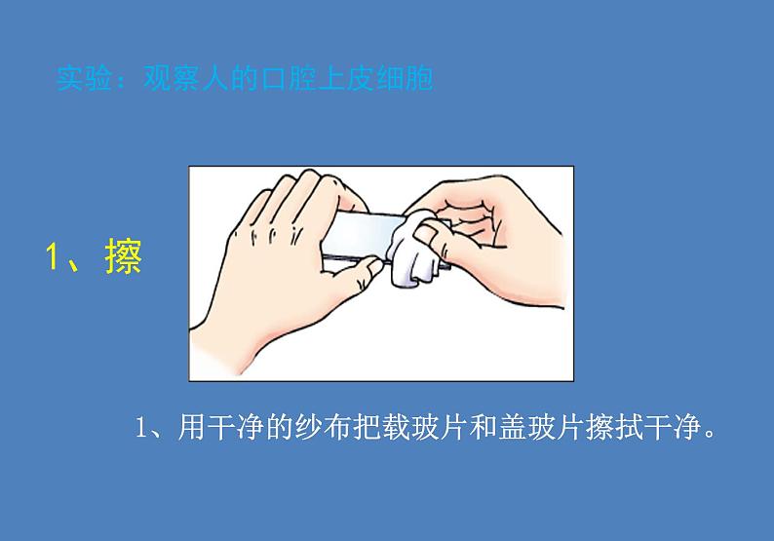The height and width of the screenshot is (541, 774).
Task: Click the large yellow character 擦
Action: pos(124,255)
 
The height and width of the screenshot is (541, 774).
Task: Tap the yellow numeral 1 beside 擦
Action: pos(53,256)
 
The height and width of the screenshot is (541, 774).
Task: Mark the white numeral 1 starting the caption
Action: pos(141,428)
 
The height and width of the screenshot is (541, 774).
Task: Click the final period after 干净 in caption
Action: pos(710,435)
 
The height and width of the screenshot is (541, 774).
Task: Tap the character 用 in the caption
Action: pos(190,427)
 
